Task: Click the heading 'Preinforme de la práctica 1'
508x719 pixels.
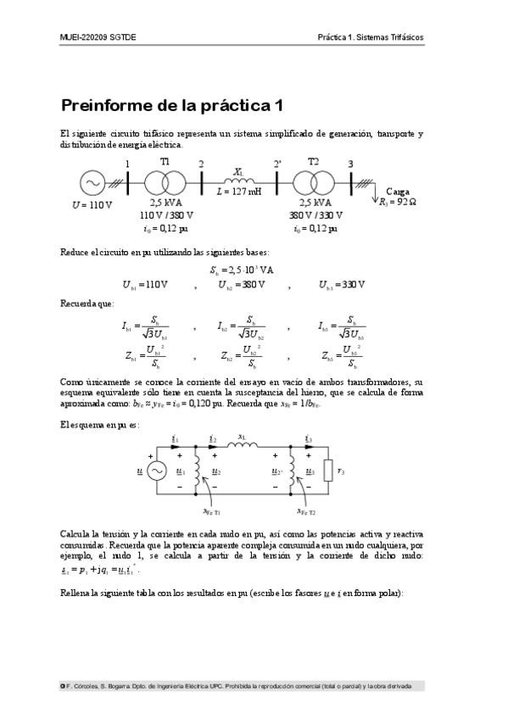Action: pyautogui.click(x=170, y=106)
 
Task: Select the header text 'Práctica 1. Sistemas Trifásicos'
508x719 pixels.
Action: pyautogui.click(x=370, y=38)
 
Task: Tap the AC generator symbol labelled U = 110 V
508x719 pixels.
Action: pyautogui.click(x=91, y=182)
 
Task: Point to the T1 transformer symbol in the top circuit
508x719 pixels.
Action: pyautogui.click(x=165, y=182)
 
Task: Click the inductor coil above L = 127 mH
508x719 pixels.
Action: pyautogui.click(x=238, y=181)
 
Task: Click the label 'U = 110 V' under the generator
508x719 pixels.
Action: pyautogui.click(x=92, y=204)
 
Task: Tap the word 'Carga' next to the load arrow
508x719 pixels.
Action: pyautogui.click(x=397, y=192)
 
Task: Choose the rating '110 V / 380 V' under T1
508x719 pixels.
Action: pyautogui.click(x=166, y=215)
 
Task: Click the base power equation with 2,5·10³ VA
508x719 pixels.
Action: pyautogui.click(x=242, y=270)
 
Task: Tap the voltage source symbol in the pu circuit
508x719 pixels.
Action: pyautogui.click(x=156, y=472)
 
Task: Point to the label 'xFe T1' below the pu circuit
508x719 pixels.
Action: pyautogui.click(x=211, y=511)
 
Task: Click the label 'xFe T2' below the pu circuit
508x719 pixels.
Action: pyautogui.click(x=307, y=511)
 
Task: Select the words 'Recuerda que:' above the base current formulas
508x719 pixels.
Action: pyautogui.click(x=87, y=303)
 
